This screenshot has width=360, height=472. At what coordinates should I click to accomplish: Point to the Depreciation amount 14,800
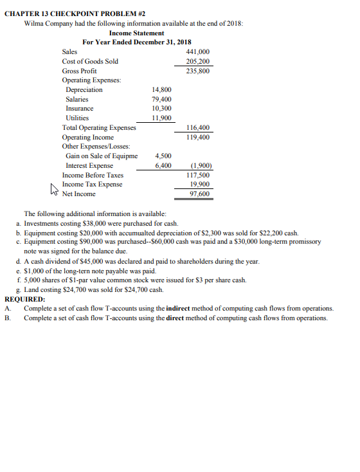[x=161, y=90]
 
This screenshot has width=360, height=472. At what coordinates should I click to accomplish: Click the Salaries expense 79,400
[x=161, y=100]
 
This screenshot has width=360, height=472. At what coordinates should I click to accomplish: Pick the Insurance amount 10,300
[x=161, y=109]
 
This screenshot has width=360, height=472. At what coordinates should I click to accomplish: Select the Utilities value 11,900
[x=161, y=119]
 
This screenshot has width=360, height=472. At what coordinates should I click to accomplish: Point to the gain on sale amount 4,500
[x=164, y=156]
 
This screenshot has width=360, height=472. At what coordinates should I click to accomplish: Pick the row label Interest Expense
[x=90, y=166]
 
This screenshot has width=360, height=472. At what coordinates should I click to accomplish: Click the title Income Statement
[x=136, y=33]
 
